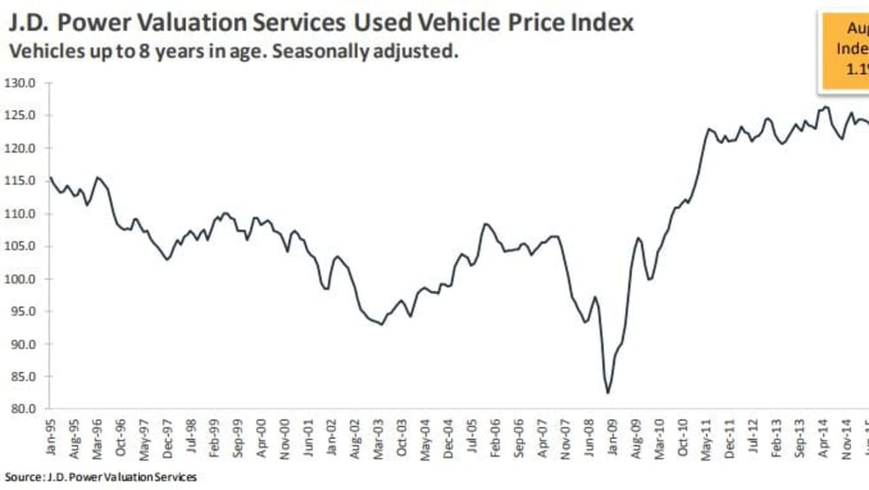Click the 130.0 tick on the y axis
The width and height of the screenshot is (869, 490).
20,83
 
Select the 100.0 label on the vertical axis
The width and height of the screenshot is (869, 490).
20,279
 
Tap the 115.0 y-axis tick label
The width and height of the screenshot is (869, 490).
20,181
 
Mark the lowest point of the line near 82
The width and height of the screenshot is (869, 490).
608,392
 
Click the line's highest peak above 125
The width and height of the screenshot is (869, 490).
826,107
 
